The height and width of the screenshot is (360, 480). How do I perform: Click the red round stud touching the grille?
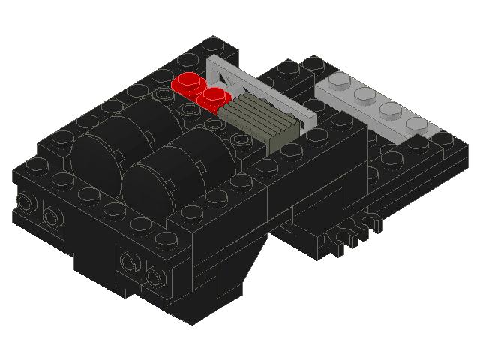coord(216,96)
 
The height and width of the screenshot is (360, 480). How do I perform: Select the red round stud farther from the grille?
coord(187,82)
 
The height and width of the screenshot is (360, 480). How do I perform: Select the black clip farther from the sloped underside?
coord(368,223)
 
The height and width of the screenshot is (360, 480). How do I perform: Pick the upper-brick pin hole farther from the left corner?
coord(51,217)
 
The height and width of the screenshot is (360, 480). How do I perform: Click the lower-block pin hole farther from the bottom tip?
coord(128,262)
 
